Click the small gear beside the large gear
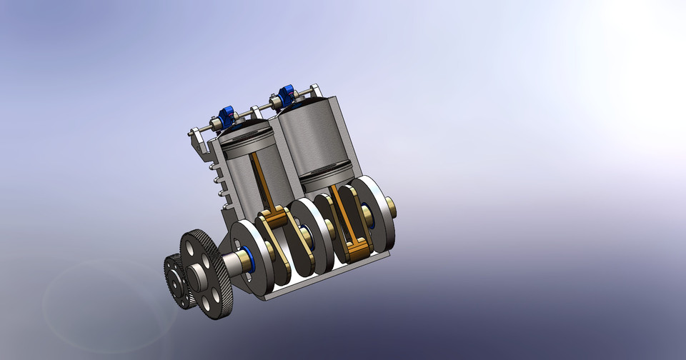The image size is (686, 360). click(174, 281)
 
